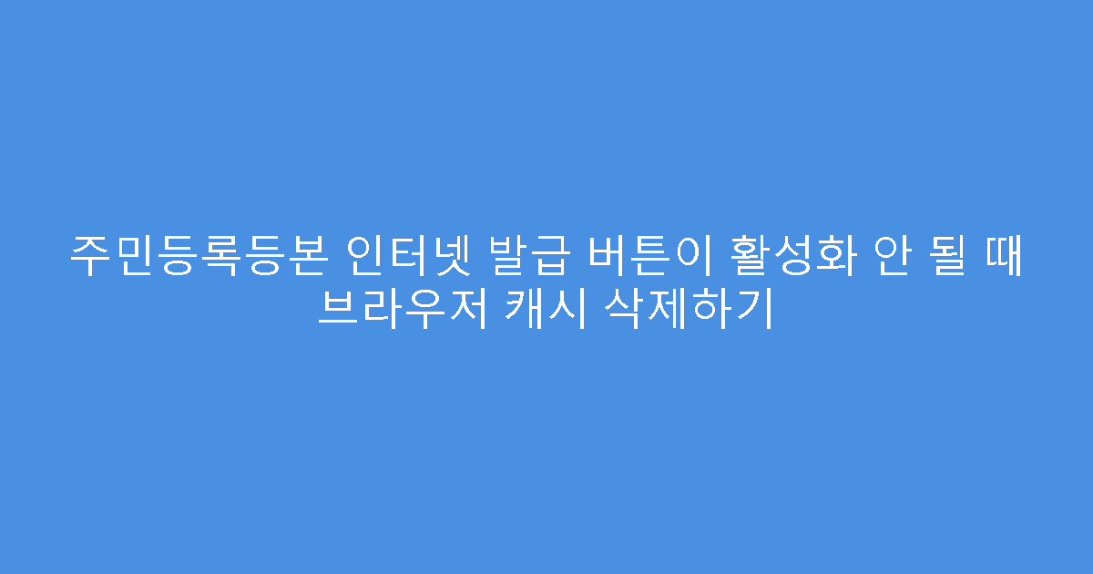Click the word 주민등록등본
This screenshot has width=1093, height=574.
(196, 259)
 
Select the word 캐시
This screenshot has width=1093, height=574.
(542, 310)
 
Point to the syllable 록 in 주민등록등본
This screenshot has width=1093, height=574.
(217, 259)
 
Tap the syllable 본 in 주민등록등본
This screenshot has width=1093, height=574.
(301, 259)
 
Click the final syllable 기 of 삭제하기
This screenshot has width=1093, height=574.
(752, 310)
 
